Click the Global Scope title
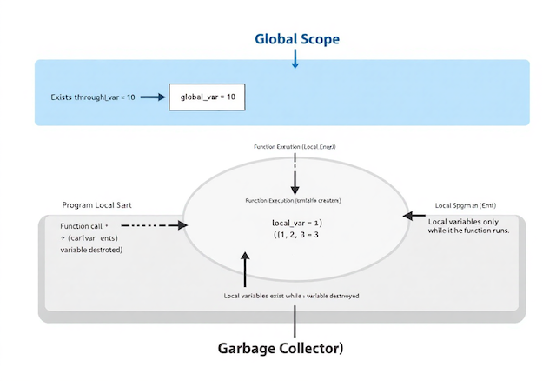click(296, 39)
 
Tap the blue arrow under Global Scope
click(295, 59)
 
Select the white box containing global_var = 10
click(208, 97)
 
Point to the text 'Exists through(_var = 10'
click(93, 97)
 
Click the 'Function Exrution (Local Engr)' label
click(295, 147)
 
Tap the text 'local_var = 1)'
click(296, 223)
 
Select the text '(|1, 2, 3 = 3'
click(297, 235)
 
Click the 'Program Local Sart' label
click(96, 204)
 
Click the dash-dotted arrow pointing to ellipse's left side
click(157, 225)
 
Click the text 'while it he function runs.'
click(468, 231)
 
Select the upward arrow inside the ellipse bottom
click(245, 265)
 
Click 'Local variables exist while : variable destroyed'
click(291, 296)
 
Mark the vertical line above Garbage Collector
click(295, 321)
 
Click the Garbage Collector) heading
click(281, 349)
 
